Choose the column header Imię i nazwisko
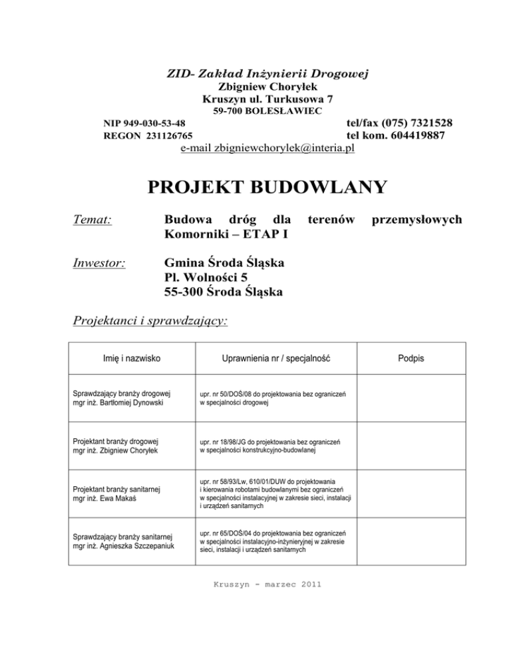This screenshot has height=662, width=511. pyautogui.click(x=127, y=358)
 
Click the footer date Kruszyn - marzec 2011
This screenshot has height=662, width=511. pyautogui.click(x=266, y=585)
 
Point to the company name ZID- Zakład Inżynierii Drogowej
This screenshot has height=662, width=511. pyautogui.click(x=267, y=73)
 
